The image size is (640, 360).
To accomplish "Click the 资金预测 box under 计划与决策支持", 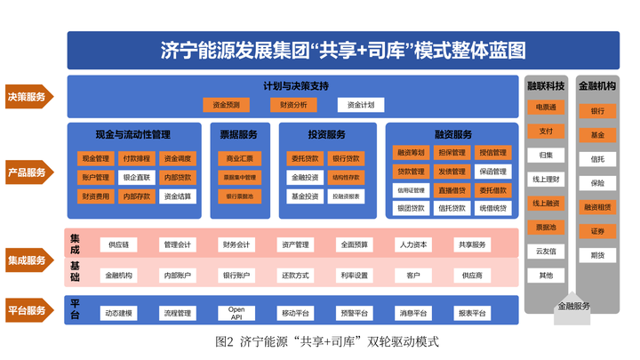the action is coord(226,105).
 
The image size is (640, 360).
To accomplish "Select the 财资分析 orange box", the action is coord(293,105).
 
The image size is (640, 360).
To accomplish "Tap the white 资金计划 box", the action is coord(361,105).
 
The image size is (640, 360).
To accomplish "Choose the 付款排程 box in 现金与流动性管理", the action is coord(137,158).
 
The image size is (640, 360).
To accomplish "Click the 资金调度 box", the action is coord(178,158).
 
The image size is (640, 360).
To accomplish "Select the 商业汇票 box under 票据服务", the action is coord(239,158).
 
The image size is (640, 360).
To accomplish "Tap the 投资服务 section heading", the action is coord(326,135).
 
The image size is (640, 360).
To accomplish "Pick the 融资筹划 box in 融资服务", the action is coord(411,153).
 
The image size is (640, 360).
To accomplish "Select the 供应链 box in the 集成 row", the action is coord(119,244).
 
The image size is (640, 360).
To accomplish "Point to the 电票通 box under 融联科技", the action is coord(546,108).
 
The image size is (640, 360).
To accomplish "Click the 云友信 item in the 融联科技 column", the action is coord(546,252).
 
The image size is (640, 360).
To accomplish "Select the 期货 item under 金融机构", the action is coord(597,255).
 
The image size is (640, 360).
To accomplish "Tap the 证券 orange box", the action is coord(597,231).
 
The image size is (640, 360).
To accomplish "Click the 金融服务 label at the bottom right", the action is coord(573,306).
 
